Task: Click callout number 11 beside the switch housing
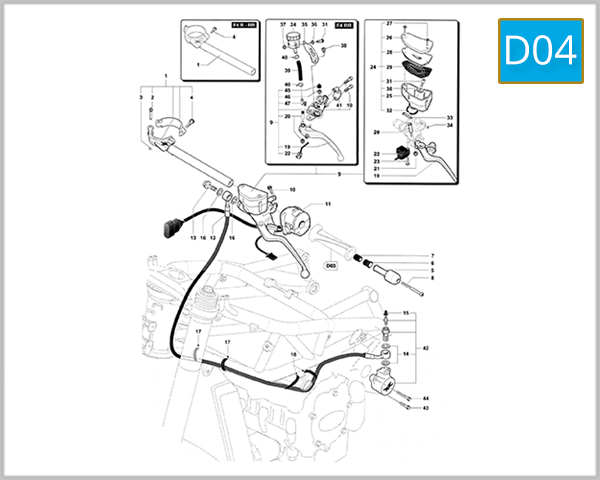point(327,204)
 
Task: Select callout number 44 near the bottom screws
point(425,398)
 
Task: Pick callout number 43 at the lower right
point(425,408)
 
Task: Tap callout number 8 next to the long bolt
point(432,279)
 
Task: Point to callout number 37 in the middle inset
point(283,23)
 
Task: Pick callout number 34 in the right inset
point(450,126)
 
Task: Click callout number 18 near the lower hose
point(294,355)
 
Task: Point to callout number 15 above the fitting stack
point(407,314)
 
